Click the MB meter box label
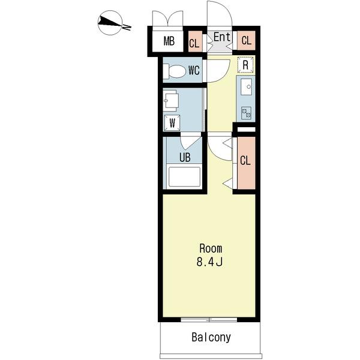(169, 41)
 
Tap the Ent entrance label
(222, 37)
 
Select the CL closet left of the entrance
(195, 41)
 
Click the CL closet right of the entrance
(246, 40)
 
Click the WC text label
(194, 70)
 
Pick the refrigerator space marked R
(245, 65)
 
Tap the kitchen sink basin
(246, 87)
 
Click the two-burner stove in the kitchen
(246, 113)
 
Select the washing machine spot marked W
(172, 123)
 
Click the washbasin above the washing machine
(171, 101)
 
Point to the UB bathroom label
(185, 157)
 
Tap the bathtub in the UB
(184, 177)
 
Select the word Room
(211, 248)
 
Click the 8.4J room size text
(209, 262)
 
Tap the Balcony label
(211, 337)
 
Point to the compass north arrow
(110, 23)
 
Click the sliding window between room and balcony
(209, 320)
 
